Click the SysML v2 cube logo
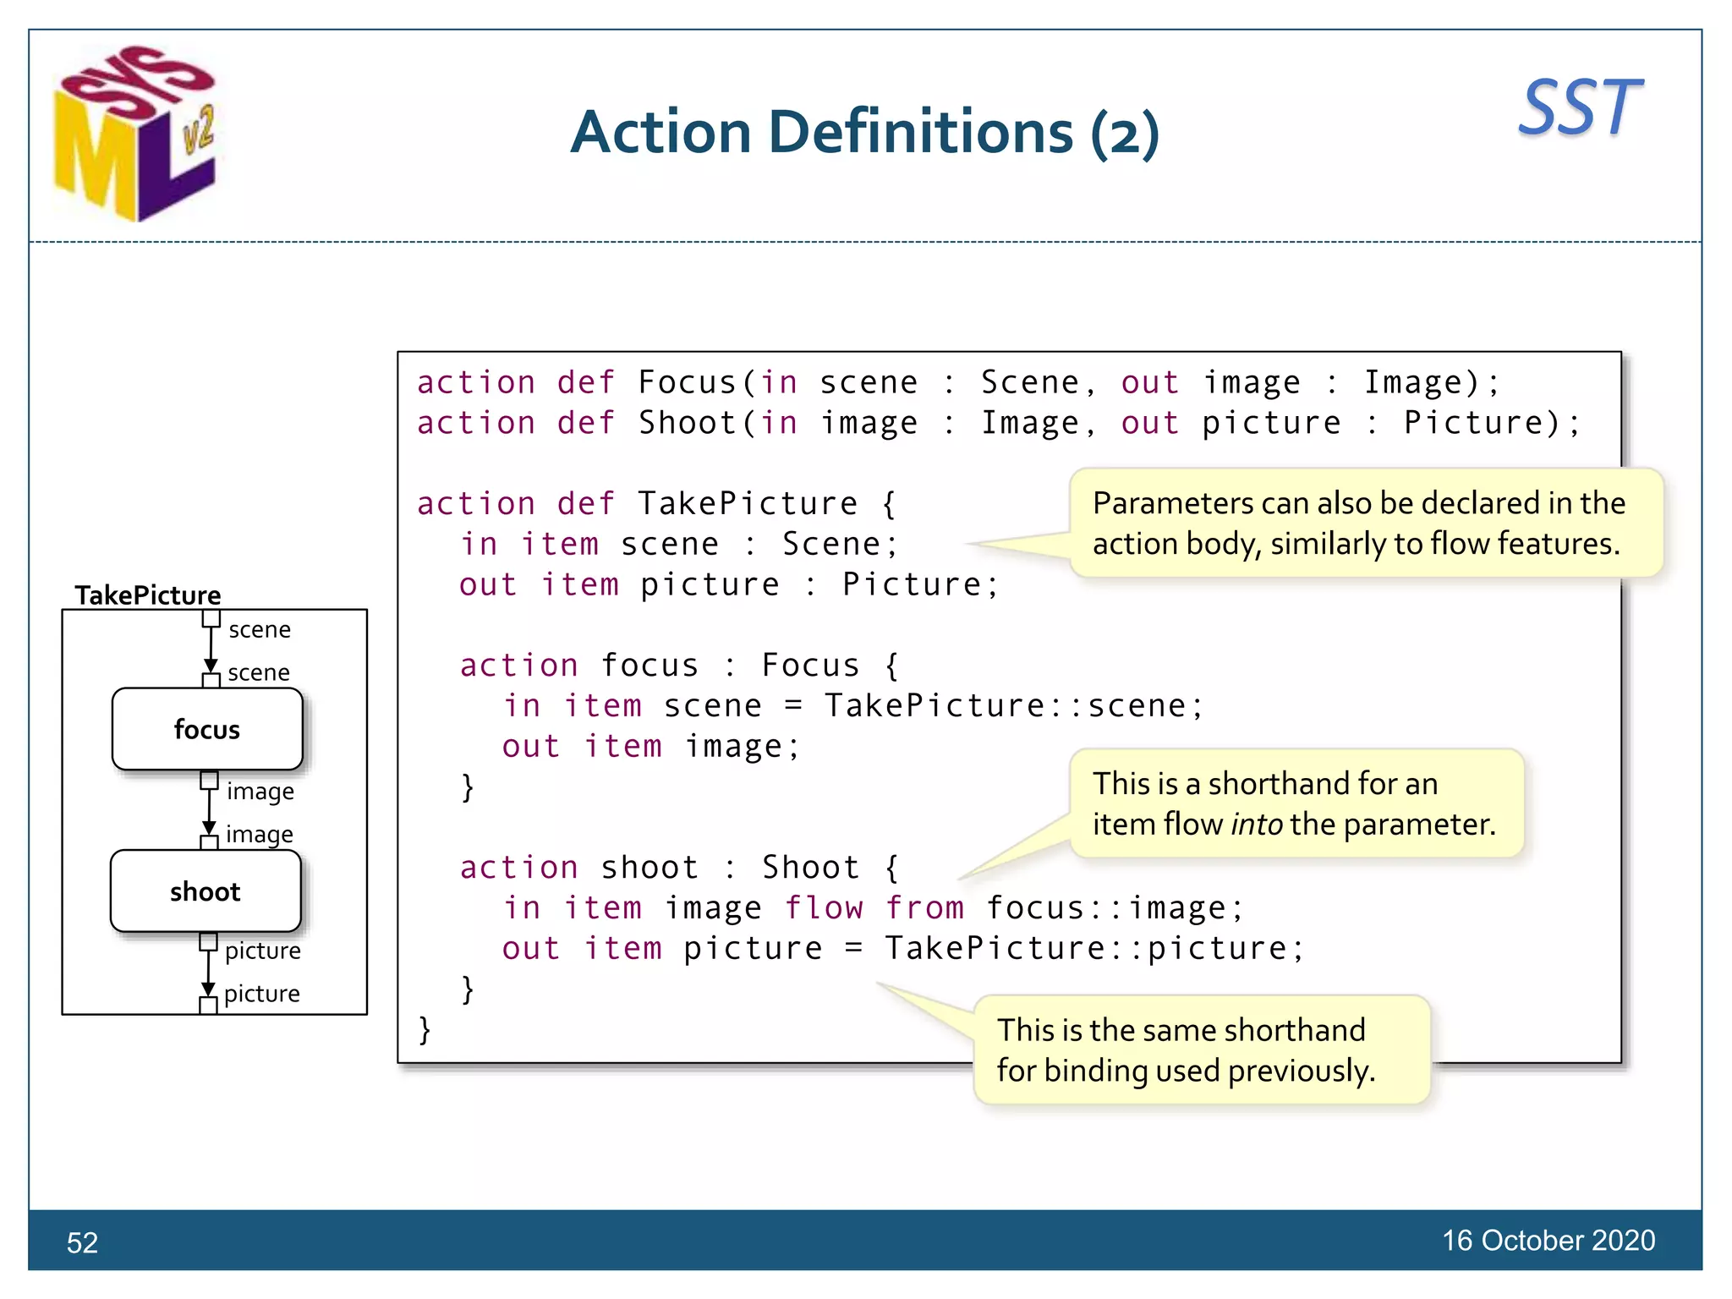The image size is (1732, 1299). click(x=135, y=134)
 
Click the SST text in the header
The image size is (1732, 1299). click(x=1579, y=107)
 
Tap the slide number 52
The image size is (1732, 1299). click(x=82, y=1242)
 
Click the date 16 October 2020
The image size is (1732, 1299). click(x=1548, y=1240)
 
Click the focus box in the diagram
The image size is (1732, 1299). click(x=207, y=729)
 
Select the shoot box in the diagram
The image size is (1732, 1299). click(x=206, y=891)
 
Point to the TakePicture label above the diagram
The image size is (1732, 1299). click(x=147, y=595)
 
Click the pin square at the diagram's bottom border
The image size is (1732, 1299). click(x=208, y=1006)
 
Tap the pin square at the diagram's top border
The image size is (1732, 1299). click(x=211, y=618)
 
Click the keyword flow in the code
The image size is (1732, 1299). click(x=824, y=907)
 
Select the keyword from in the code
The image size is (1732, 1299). click(x=924, y=907)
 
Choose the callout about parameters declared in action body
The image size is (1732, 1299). click(x=1365, y=523)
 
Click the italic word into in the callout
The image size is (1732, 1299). click(x=1257, y=824)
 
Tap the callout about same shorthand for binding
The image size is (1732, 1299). click(x=1200, y=1050)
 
